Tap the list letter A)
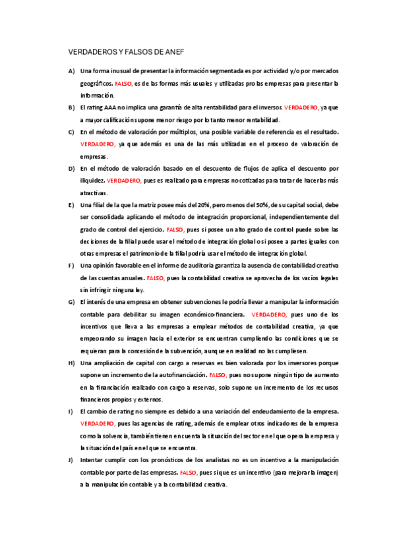tap(71, 71)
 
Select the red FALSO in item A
tap(123, 84)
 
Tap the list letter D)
tap(71, 168)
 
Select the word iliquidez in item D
tap(92, 180)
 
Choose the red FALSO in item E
tap(175, 229)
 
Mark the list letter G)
tap(71, 302)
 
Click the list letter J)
tap(71, 461)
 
